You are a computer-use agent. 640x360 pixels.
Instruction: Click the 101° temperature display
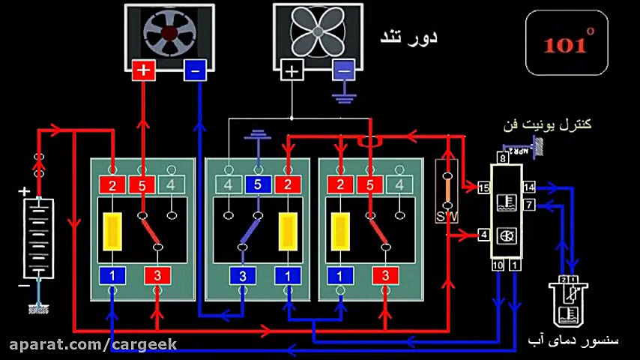point(567,43)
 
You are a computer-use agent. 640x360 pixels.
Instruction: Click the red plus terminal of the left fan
point(143,70)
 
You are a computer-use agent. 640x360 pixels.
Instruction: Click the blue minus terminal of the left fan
point(195,70)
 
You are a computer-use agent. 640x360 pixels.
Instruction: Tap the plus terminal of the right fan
point(292,70)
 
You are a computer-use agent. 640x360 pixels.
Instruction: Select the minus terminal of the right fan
point(343,70)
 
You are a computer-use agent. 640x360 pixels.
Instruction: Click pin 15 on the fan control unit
point(483,187)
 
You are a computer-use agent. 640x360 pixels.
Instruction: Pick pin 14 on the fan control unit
point(530,187)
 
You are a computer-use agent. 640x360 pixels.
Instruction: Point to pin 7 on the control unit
point(529,204)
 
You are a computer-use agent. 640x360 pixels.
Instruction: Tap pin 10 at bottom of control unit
point(497,265)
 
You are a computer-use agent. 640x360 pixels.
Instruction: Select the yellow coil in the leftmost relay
point(112,232)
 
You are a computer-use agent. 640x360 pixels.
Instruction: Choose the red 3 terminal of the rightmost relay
point(385,275)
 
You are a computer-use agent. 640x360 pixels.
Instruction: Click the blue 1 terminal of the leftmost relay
point(112,275)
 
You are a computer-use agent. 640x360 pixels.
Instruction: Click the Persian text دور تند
point(408,37)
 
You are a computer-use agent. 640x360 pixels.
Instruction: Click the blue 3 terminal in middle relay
point(242,275)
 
